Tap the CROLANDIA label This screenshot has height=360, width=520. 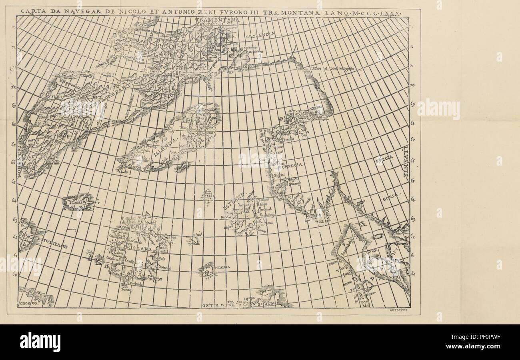point(260,35)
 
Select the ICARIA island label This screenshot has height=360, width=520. point(79,202)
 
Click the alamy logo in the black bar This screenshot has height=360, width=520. point(40,342)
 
